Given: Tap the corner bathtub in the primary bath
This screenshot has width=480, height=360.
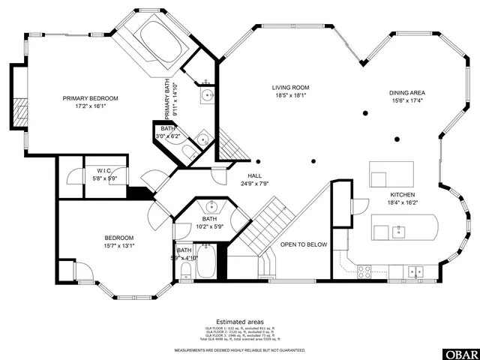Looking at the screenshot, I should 159,42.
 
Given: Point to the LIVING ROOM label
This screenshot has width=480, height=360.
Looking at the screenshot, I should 290,88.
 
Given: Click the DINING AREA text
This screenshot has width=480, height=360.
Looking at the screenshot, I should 406,92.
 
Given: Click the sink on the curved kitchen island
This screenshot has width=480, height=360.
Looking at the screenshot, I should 399,230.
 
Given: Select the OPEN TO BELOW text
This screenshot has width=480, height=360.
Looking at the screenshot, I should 304,244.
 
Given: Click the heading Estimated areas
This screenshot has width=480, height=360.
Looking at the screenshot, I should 239,320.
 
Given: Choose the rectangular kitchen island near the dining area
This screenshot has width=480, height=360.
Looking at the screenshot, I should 387,174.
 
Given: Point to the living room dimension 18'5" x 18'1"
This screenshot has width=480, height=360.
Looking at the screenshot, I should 290,95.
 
